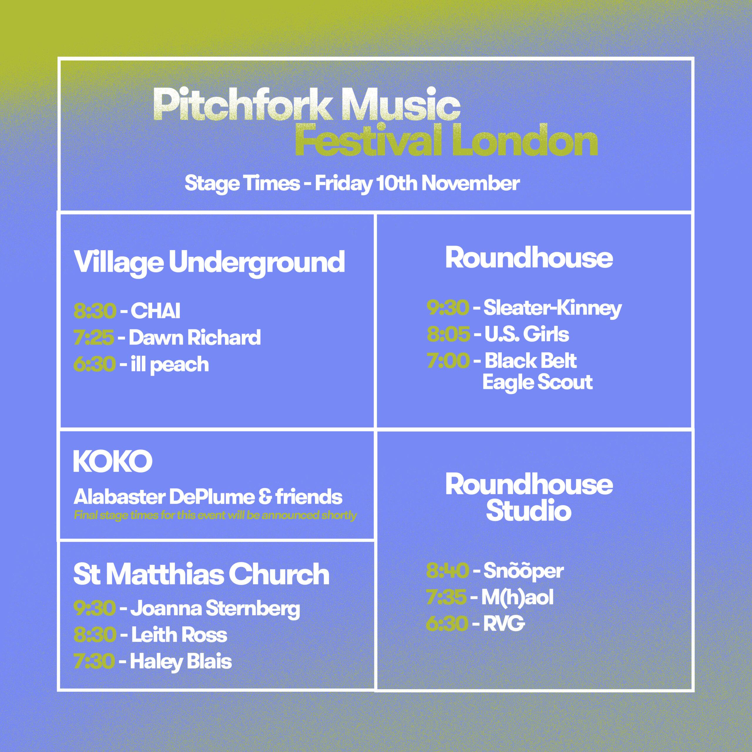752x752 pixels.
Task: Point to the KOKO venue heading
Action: [113, 462]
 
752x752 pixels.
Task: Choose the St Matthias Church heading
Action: [201, 574]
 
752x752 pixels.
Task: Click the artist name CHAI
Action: [155, 310]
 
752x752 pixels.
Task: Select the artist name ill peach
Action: [170, 364]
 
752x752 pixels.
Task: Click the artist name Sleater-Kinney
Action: [552, 308]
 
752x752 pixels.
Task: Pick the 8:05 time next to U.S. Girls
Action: [448, 334]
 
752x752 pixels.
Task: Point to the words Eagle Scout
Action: [537, 382]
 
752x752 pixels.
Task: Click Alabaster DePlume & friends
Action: [208, 497]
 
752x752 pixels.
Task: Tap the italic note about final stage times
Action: [215, 515]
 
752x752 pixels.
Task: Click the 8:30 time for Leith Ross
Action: [95, 635]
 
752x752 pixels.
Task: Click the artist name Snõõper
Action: [523, 571]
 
